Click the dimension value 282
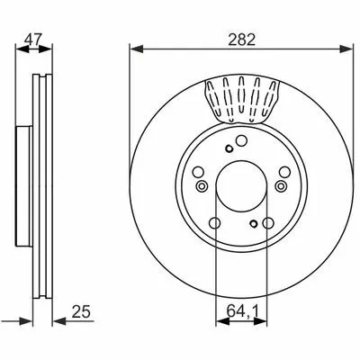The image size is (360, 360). [241, 40]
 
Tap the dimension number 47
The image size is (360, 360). [33, 40]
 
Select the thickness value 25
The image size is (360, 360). [81, 312]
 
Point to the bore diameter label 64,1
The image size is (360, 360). [242, 312]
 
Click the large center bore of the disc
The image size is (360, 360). [241, 186]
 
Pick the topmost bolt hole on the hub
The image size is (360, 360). [241, 140]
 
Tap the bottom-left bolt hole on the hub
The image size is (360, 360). [214, 223]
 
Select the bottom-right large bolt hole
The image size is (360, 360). [268, 223]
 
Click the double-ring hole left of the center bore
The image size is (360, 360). [202, 186]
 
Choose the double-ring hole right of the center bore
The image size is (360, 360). [281, 186]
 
